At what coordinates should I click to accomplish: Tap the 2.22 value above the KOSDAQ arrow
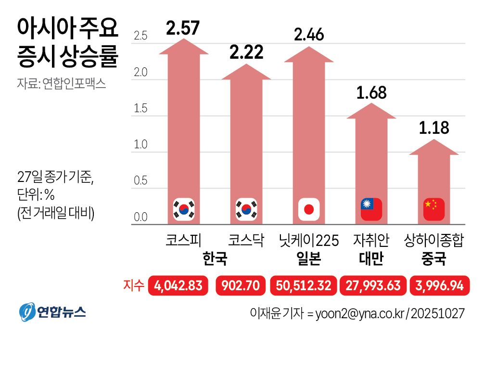(x=246, y=52)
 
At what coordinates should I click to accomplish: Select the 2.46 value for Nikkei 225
(x=309, y=35)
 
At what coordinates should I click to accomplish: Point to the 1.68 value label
(x=371, y=93)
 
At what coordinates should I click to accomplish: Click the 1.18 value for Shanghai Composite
(x=434, y=128)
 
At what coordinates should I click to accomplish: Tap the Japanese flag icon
(x=309, y=209)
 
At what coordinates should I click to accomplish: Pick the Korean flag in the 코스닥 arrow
(x=246, y=209)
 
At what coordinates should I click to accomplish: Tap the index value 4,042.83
(x=178, y=285)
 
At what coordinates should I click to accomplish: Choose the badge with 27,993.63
(x=372, y=285)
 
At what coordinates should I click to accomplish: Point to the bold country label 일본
(x=309, y=259)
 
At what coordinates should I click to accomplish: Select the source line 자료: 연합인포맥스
(x=61, y=83)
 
